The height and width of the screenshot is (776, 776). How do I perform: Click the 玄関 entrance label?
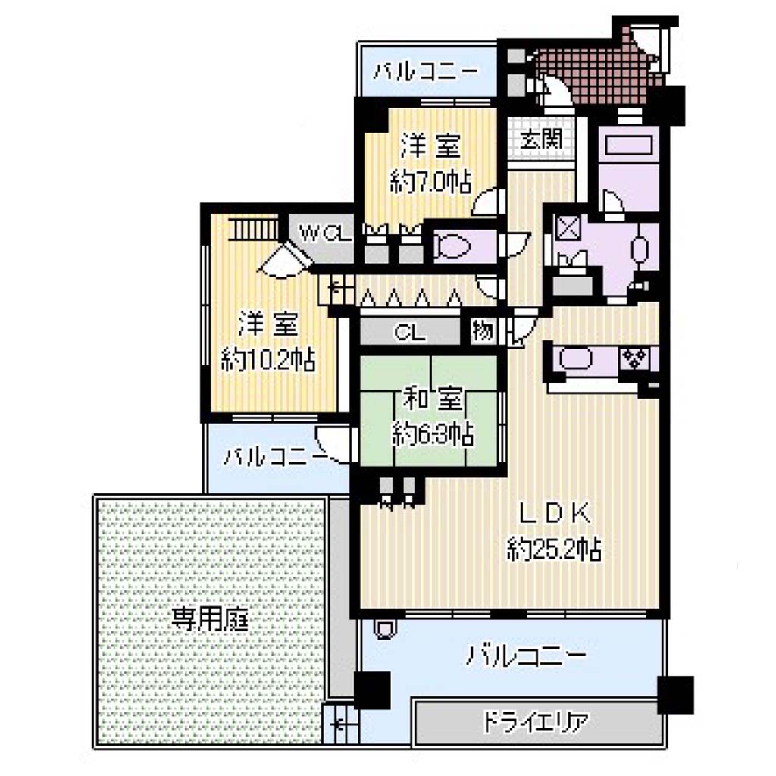pos(541,139)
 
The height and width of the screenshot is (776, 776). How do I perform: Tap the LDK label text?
pos(554,513)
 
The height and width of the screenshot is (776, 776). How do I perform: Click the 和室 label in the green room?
pos(433,399)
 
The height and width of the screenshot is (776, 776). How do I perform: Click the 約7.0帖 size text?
pos(430,182)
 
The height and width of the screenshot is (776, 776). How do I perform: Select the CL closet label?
pos(410,333)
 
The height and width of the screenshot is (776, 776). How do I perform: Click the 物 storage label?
pos(483,330)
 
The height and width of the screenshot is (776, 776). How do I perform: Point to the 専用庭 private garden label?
pos(209,619)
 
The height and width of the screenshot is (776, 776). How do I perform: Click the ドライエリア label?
pos(536,723)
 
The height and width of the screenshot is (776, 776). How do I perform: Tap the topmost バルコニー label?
pos(426,73)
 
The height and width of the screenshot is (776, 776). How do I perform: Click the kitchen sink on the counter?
pos(576,358)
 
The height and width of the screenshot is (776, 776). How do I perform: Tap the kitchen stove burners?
pos(635,358)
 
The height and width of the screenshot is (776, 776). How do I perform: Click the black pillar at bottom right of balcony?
pos(675,694)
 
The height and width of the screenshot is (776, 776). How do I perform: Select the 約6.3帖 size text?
pos(433,434)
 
